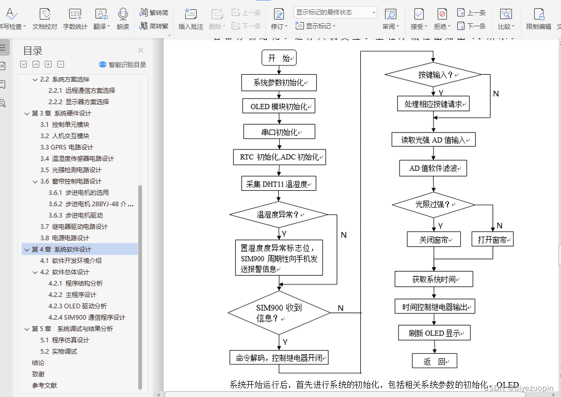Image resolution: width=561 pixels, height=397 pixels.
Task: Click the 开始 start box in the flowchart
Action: (279, 58)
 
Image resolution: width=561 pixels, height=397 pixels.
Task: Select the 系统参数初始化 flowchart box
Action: (279, 82)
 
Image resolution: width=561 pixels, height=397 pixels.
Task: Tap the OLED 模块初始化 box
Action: (279, 107)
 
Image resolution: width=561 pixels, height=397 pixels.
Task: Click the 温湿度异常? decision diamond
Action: (279, 214)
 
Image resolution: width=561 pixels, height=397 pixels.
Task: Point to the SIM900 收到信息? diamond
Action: (279, 313)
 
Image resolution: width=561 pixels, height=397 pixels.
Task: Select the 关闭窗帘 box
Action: (434, 240)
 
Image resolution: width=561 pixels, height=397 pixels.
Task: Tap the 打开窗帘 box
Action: (492, 240)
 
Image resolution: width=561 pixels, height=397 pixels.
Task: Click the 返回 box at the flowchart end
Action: (434, 361)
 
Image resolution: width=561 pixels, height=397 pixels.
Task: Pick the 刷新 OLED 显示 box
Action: (434, 333)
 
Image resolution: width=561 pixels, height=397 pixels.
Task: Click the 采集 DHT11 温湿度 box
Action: (279, 184)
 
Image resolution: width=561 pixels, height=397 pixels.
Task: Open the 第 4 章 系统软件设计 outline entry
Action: (61, 250)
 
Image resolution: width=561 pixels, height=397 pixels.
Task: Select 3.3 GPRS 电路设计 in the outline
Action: (67, 147)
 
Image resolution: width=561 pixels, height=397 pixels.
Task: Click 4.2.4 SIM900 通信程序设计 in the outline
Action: (87, 318)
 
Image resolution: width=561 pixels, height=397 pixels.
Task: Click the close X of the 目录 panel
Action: (140, 51)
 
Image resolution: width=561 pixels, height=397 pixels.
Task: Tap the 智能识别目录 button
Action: (122, 65)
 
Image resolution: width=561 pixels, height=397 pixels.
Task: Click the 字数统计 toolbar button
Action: (75, 19)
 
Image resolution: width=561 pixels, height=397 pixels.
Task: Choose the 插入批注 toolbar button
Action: (190, 19)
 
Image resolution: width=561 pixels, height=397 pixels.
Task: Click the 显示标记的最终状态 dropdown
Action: (335, 12)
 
